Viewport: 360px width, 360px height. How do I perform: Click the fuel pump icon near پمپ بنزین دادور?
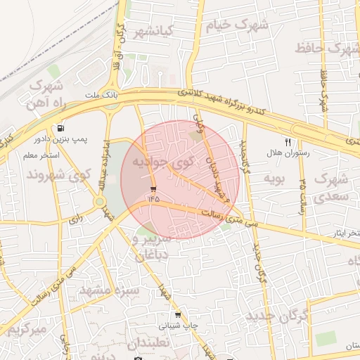[x=62, y=129]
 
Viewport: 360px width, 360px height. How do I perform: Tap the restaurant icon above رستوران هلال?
[x=288, y=141]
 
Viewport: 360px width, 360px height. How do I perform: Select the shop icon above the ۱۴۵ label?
[x=153, y=188]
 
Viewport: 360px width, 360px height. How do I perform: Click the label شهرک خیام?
[x=237, y=25]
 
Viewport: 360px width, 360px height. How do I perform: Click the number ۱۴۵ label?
[x=154, y=199]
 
